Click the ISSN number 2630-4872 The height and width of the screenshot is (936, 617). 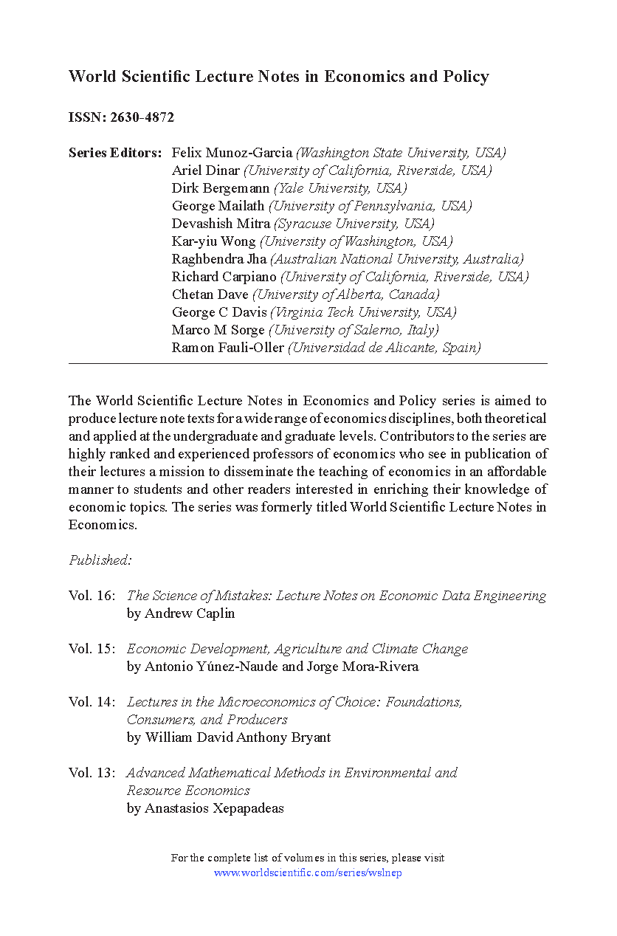click(142, 117)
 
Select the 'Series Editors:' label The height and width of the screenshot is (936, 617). click(114, 153)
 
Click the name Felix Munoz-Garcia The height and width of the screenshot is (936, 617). click(232, 153)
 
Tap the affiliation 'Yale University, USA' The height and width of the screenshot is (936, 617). click(340, 188)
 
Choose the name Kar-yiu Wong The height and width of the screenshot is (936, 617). click(213, 241)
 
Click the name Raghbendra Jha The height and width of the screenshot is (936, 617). click(219, 259)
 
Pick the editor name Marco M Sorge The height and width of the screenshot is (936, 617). click(218, 330)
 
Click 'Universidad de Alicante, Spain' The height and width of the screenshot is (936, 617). click(385, 348)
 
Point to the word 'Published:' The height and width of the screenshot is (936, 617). click(100, 560)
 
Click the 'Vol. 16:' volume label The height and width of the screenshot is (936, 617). click(92, 596)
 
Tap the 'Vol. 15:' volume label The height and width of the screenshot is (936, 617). click(92, 649)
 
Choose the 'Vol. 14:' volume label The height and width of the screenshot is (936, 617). click(92, 702)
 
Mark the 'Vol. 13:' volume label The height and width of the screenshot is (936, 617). click(92, 773)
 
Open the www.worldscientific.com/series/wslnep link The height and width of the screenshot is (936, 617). click(308, 873)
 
